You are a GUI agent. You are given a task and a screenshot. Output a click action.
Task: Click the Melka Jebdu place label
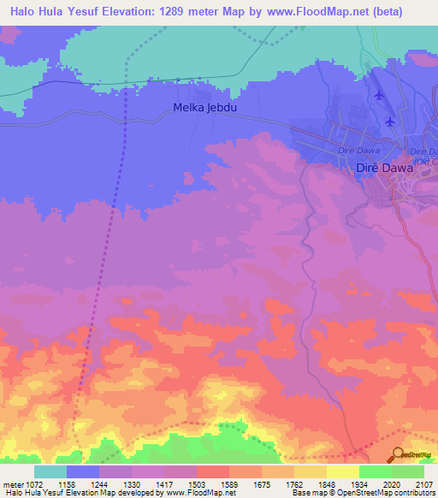pyautogui.click(x=206, y=108)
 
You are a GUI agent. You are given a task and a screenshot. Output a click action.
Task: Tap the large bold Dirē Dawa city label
pyautogui.click(x=383, y=169)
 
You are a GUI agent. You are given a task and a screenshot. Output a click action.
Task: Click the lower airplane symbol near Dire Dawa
pyautogui.click(x=390, y=121)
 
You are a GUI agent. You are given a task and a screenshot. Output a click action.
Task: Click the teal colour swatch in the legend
pyautogui.click(x=50, y=471)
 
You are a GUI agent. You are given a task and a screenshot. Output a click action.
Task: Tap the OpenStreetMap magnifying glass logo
pyautogui.click(x=398, y=455)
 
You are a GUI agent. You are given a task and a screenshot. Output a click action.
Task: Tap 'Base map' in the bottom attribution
pyautogui.click(x=309, y=493)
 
